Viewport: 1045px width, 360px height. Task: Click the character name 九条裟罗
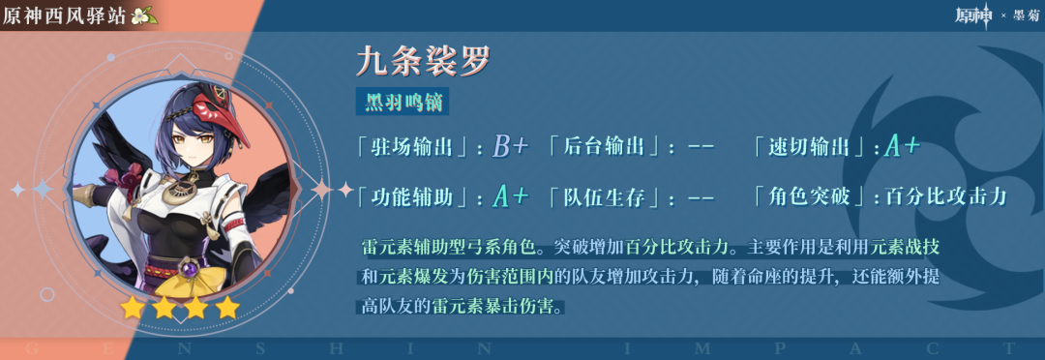[x=423, y=61]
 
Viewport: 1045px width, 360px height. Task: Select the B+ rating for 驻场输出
[x=511, y=147]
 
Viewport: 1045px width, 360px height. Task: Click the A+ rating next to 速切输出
[x=903, y=147]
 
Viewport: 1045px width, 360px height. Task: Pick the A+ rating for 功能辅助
[x=511, y=196]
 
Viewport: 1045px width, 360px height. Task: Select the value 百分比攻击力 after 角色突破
[x=946, y=196]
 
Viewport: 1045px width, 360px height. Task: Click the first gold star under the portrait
[x=132, y=308]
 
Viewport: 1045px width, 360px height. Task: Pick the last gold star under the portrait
[x=228, y=308]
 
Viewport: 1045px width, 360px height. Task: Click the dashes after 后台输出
[x=701, y=148]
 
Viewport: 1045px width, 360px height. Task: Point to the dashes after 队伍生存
[x=701, y=197]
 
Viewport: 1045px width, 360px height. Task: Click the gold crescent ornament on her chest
[x=179, y=193]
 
